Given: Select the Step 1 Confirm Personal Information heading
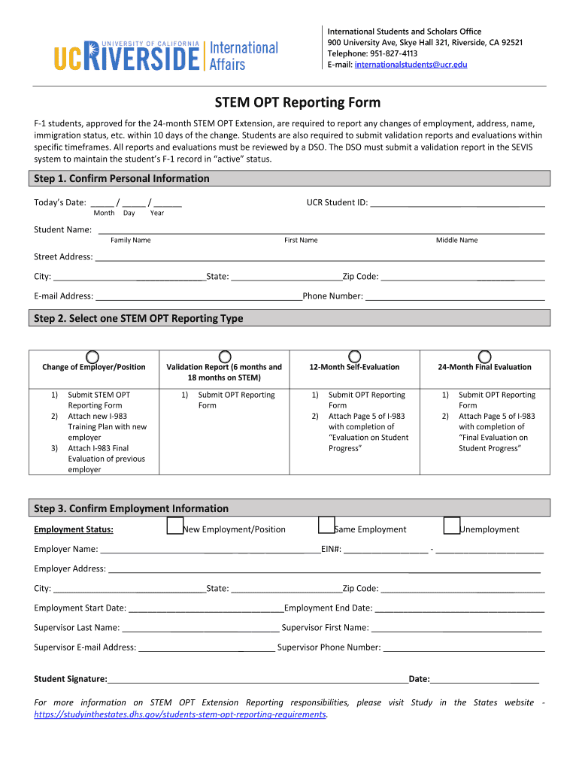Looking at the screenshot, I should pos(122,178).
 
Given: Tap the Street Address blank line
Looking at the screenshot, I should pos(320,256).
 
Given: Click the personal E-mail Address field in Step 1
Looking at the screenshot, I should pos(199,296).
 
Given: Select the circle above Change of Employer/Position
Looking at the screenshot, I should pos(92,356).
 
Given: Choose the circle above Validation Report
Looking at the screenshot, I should pos(223,356).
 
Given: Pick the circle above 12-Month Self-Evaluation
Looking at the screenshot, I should pos(354,356).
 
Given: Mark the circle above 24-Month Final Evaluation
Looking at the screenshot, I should pos(485,356).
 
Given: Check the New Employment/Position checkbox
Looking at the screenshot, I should pos(174,526).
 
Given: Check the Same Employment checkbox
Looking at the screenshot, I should pos(326,526).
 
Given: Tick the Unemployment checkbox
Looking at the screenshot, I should pos(451,526).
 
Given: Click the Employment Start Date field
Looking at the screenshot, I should pos(205,608).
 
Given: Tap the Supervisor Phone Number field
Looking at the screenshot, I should pos(464,647).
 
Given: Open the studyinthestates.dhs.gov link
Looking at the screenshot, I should pos(180,714).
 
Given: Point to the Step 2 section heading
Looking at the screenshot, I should pos(138,318).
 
